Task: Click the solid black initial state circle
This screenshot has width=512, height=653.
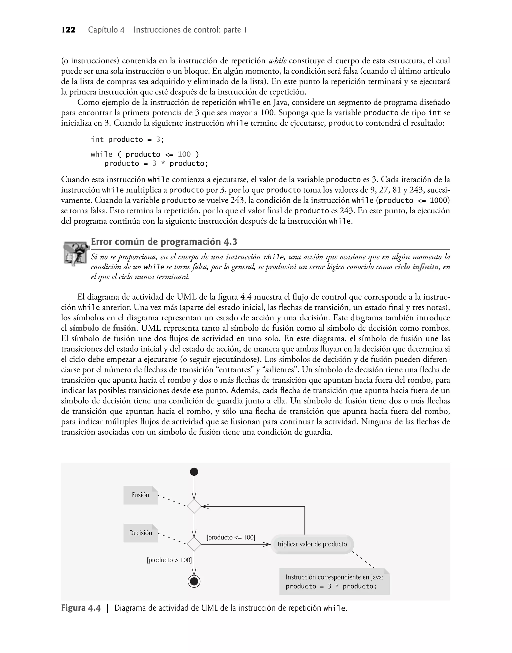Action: pos(194,472)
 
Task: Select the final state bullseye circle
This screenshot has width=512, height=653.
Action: pos(194,582)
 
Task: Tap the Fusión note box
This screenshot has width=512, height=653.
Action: pos(140,495)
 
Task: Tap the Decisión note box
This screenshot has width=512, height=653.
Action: pos(140,533)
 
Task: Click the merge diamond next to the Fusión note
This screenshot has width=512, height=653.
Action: pos(194,506)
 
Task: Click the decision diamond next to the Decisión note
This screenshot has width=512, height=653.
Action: pos(194,544)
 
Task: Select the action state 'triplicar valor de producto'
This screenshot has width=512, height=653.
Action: pos(312,544)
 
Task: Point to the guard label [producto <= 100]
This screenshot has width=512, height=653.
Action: pos(231,537)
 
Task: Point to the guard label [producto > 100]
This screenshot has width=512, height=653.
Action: pos(169,560)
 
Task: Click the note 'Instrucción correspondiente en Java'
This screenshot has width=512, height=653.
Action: pos(334,582)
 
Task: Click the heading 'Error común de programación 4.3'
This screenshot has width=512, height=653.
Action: pos(164,242)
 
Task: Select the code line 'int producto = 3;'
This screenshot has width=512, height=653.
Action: pos(128,139)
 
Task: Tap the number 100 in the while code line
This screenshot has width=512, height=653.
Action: pos(184,154)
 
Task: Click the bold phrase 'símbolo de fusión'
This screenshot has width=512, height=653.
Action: pos(103,328)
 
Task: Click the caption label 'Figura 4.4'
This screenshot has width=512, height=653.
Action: pos(81,608)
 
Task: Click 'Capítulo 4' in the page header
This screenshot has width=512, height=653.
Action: pos(106,30)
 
